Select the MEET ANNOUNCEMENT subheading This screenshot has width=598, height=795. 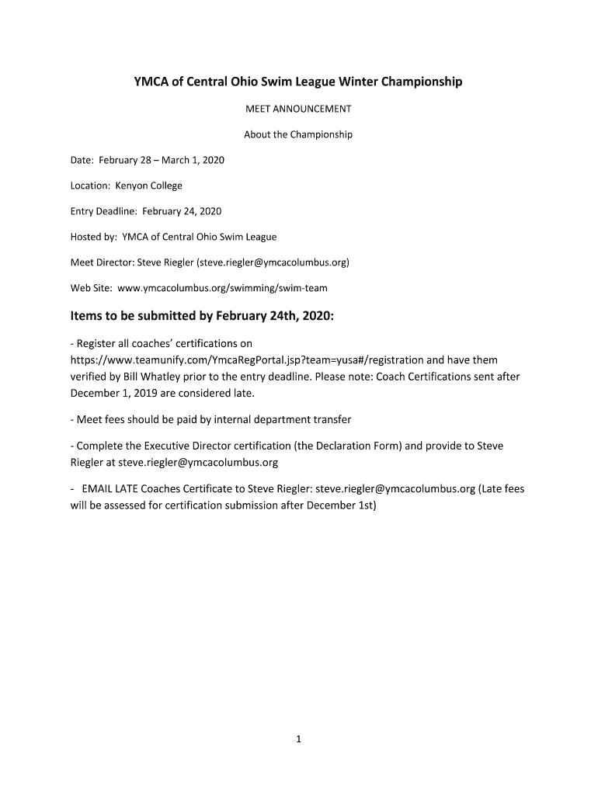tap(298, 109)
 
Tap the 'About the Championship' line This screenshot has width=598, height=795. tap(298, 134)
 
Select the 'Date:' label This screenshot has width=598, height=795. tap(82, 160)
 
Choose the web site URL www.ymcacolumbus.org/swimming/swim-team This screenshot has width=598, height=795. tap(222, 288)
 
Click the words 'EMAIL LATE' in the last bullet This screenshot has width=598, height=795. tap(104, 489)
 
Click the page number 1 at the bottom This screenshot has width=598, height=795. tap(298, 739)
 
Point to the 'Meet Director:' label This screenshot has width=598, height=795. tap(102, 262)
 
